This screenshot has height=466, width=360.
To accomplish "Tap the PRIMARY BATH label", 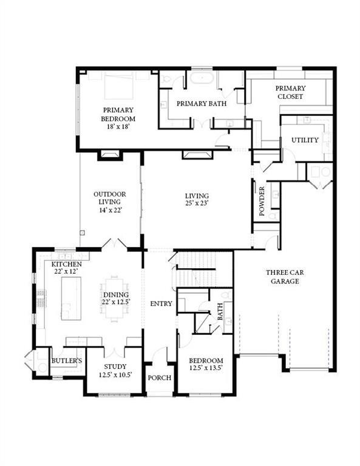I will click(x=202, y=104).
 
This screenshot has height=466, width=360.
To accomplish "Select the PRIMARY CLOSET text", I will click(x=290, y=92).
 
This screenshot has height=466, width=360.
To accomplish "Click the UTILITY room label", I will click(x=304, y=140).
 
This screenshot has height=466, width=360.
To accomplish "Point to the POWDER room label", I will click(x=262, y=201).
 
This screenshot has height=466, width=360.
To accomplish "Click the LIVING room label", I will click(x=197, y=196).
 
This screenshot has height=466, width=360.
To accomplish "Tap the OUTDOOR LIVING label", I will click(x=109, y=198).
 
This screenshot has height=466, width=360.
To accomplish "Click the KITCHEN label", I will click(x=66, y=266).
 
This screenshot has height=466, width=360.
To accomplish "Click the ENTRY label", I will click(x=160, y=303).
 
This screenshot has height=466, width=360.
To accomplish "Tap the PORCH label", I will click(x=160, y=377).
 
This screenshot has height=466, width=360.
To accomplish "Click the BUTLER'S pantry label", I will click(x=66, y=361).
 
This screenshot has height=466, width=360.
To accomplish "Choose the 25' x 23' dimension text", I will click(x=197, y=204).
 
